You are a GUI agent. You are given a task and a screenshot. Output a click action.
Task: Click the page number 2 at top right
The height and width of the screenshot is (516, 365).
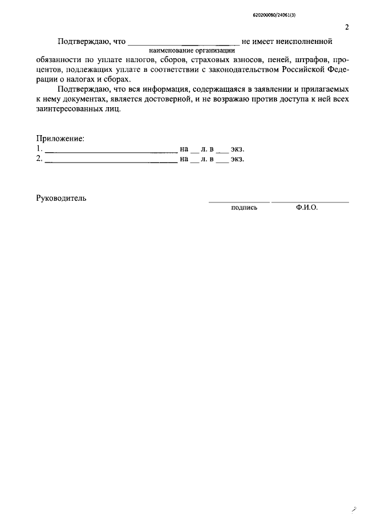coord(347,27)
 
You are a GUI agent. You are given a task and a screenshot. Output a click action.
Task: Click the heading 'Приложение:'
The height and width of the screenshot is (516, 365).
coord(60,139)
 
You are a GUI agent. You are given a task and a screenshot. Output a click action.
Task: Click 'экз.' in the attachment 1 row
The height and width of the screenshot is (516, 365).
coord(237,149)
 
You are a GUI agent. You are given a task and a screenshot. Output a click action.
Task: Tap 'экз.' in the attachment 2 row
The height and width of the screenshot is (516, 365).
coord(237,159)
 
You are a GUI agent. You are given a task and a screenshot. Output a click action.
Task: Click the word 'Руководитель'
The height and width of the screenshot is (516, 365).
coord(61,198)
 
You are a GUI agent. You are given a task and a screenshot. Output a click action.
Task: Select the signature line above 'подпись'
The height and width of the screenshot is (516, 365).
coord(238,202)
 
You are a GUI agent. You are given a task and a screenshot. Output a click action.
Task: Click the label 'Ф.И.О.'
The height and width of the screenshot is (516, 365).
coord(307,208)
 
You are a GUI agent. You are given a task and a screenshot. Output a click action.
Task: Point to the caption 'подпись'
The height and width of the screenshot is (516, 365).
coord(244,208)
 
